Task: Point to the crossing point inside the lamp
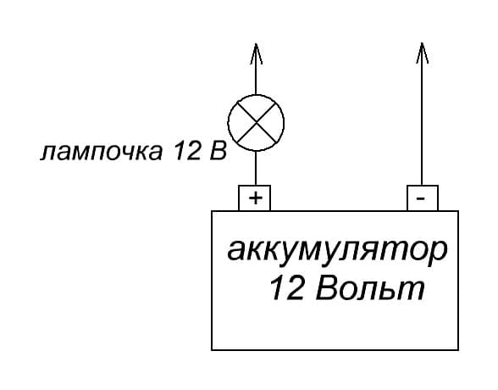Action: point(256,123)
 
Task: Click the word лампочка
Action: point(102,151)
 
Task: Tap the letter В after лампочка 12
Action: point(219,150)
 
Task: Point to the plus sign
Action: point(256,198)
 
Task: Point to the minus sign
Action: point(420,198)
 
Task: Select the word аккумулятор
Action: point(337,250)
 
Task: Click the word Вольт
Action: point(370,288)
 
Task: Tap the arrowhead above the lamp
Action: point(256,53)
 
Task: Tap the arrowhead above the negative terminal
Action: point(422,53)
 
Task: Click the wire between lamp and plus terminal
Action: point(256,168)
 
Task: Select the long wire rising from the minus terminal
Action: point(422,114)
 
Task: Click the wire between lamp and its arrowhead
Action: point(256,69)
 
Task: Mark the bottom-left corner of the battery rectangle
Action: point(212,350)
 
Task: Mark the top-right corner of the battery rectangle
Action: point(458,211)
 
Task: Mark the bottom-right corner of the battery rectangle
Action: point(458,350)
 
